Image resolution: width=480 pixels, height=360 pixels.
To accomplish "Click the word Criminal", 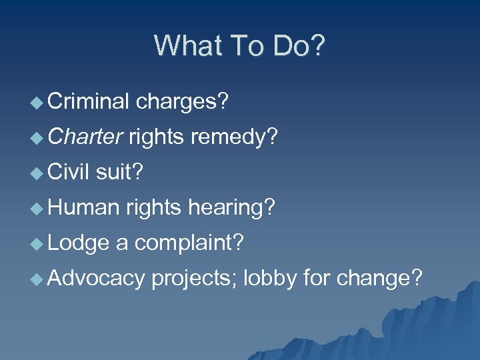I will point(88,102).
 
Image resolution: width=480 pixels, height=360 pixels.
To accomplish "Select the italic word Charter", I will point(85,137).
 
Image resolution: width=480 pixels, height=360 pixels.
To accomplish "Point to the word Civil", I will point(69,172).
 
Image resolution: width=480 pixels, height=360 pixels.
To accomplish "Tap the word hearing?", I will point(231,207).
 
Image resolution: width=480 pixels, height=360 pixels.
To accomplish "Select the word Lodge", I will point(78,243).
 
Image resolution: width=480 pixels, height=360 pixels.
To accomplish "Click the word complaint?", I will point(189,243).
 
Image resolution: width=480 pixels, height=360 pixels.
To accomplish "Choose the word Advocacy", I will point(96,277).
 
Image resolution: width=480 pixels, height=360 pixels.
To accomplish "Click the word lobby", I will point(269,277).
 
